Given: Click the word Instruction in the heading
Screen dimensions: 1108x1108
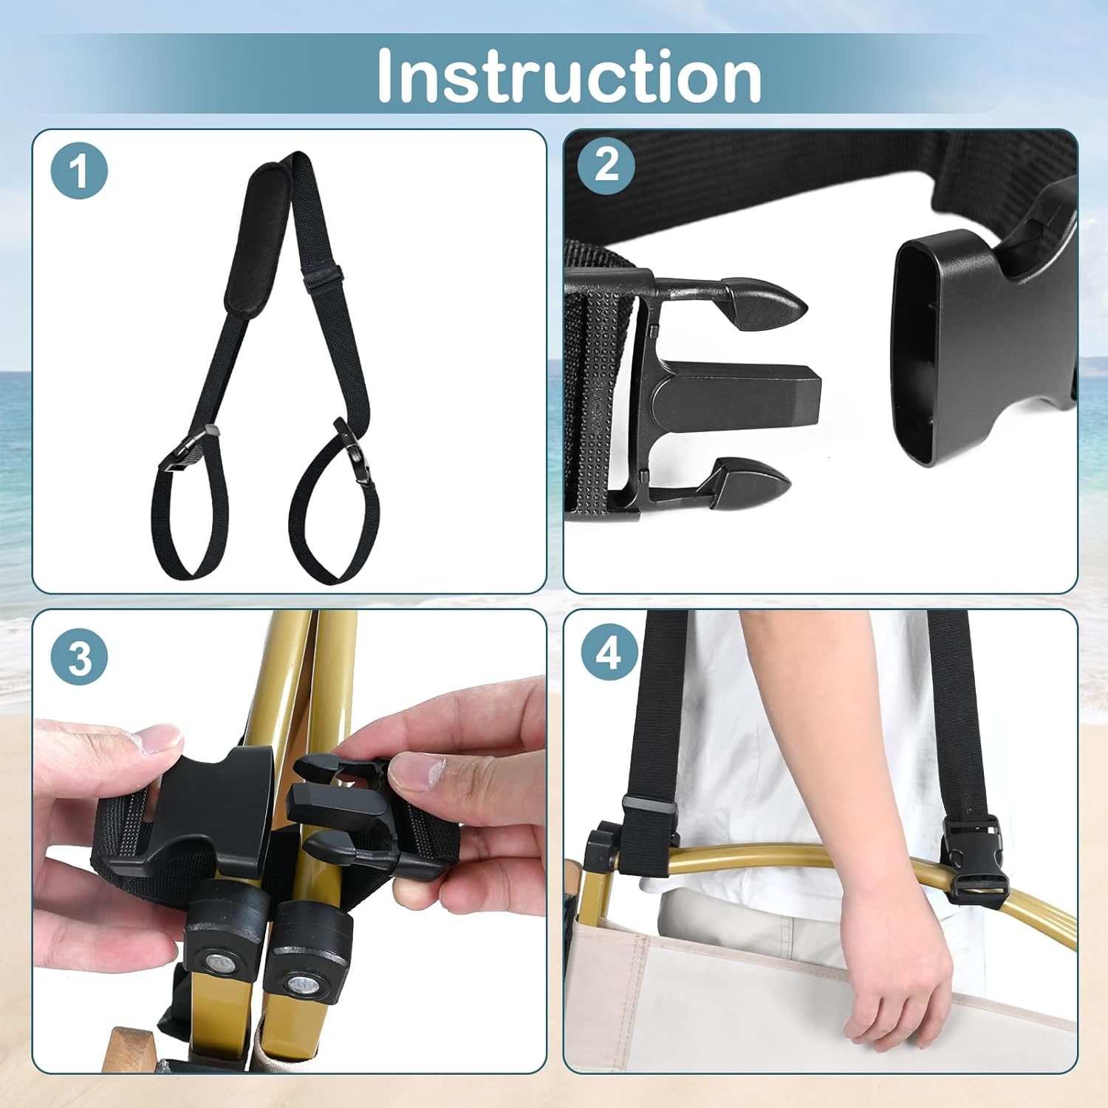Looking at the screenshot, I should coord(569,76).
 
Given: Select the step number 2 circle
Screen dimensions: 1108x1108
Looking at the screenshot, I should coord(606,165).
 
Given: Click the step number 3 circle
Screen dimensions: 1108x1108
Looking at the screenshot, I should coord(79,656).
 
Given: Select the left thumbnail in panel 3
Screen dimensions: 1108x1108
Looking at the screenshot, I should coord(159,739).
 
